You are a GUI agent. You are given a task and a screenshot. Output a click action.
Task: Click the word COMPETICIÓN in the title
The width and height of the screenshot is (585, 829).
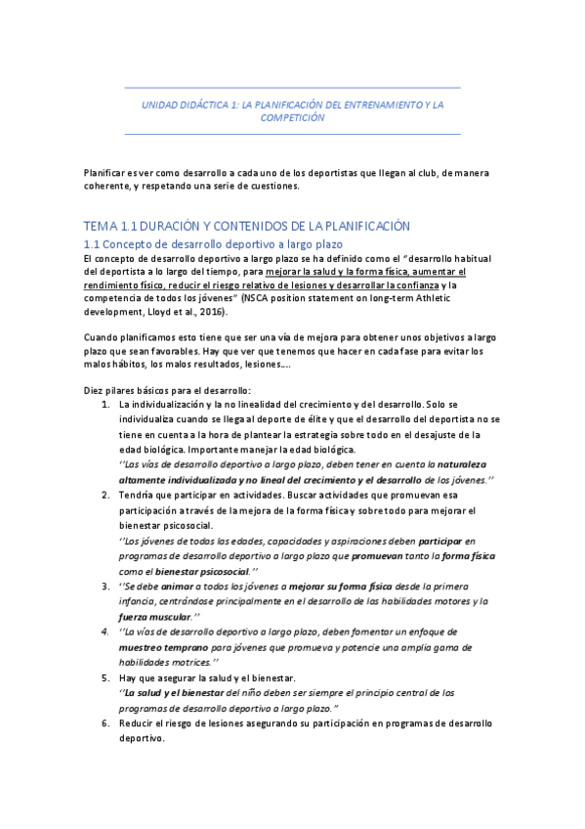pyautogui.click(x=292, y=117)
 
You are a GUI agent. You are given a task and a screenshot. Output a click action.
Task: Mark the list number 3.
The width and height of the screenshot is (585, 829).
pyautogui.click(x=106, y=587)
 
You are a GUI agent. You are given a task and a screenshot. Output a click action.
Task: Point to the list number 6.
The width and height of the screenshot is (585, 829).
pyautogui.click(x=106, y=723)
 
